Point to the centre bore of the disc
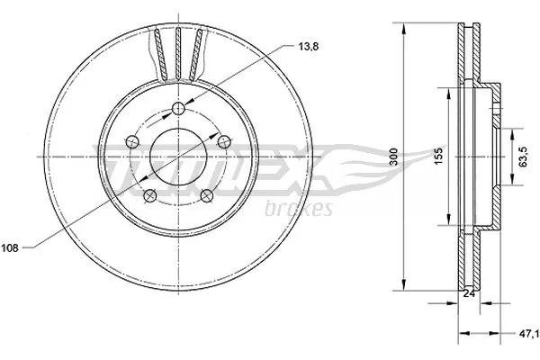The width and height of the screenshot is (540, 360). [178, 155]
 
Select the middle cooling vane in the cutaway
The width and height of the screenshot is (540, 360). [178, 54]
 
